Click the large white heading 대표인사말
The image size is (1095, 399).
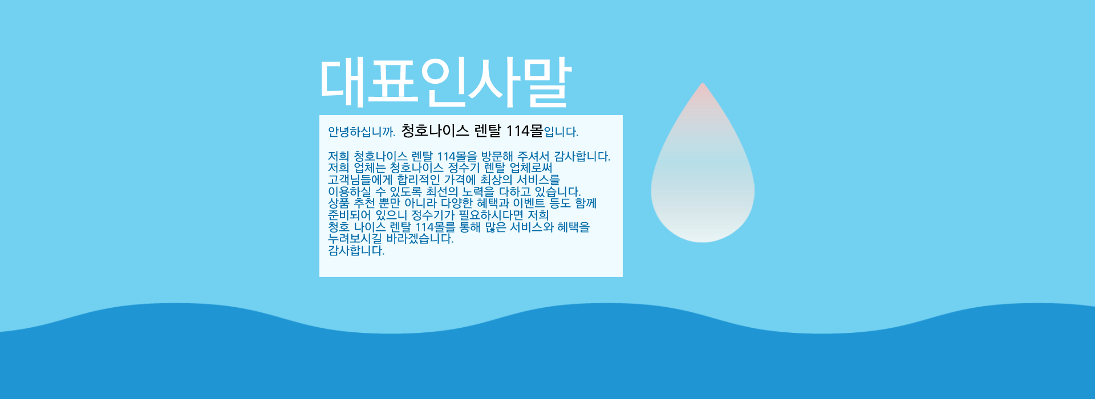click(445, 82)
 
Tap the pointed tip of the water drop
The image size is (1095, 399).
click(703, 83)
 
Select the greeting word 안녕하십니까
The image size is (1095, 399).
click(362, 132)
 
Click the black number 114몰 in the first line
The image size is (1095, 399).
click(525, 131)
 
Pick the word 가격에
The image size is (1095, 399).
click(460, 180)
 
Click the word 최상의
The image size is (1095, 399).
click(496, 180)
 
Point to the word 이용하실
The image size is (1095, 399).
click(349, 192)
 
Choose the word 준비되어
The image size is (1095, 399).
click(349, 215)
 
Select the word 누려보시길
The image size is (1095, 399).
click(355, 239)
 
